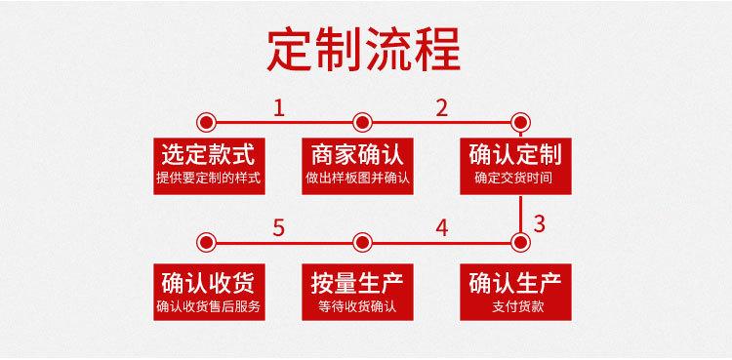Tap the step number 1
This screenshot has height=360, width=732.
click(x=280, y=107)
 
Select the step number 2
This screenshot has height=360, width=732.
click(x=442, y=107)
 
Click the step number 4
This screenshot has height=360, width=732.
click(x=442, y=228)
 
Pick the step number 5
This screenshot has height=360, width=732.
click(x=280, y=228)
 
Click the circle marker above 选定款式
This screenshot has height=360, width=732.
click(x=206, y=122)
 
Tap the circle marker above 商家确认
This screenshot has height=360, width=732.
click(x=362, y=122)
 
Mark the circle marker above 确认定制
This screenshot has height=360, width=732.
click(x=520, y=122)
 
